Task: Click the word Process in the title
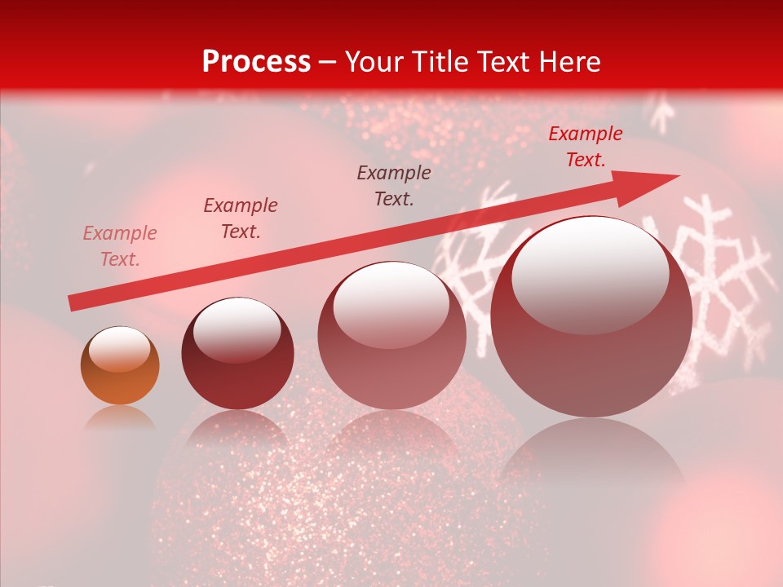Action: click(256, 62)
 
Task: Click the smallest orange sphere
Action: click(120, 366)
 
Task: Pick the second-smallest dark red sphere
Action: click(237, 353)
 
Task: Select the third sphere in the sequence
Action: click(391, 335)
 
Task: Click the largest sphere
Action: click(591, 316)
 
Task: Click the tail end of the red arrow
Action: click(72, 303)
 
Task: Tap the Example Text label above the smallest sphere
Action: click(120, 246)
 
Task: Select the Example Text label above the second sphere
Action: click(241, 218)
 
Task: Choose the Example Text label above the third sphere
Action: click(394, 186)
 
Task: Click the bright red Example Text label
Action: click(586, 147)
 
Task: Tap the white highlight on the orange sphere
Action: click(119, 348)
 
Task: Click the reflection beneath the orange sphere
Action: click(120, 417)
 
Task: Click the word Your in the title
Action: click(373, 62)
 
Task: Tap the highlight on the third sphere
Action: click(391, 303)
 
